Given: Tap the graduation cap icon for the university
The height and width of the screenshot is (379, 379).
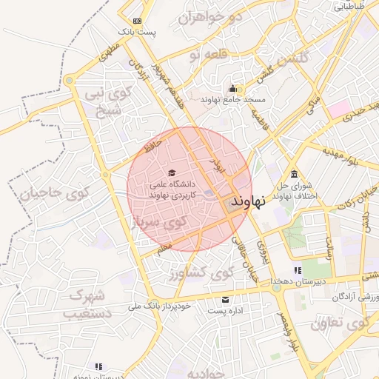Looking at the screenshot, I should (x=172, y=153).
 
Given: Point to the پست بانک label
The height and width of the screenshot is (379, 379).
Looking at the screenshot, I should (x=138, y=33).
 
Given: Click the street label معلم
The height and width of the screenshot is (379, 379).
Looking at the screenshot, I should (x=164, y=245).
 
